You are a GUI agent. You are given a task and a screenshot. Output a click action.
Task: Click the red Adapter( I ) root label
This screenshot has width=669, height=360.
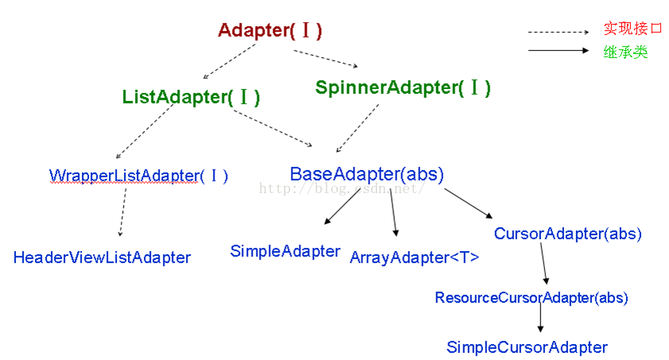point(269,31)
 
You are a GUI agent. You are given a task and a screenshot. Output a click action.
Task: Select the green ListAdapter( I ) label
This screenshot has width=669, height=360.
point(191,97)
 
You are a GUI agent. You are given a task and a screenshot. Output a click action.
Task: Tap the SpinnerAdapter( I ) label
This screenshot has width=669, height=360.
point(403,87)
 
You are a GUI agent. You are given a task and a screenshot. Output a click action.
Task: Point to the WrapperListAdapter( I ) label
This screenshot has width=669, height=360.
point(139,176)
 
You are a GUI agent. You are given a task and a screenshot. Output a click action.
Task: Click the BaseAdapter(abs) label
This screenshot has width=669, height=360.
point(367,174)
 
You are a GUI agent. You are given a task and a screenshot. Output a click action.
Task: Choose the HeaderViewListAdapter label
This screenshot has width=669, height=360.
point(102,257)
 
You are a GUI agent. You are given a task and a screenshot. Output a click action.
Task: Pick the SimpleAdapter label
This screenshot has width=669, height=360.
point(285,251)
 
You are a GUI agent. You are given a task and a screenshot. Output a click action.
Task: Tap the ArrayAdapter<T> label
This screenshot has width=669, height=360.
point(414,257)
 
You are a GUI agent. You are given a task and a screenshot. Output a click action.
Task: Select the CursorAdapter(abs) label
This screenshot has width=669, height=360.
point(568,234)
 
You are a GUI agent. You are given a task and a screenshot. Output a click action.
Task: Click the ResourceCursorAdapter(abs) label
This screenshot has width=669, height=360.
point(532,298)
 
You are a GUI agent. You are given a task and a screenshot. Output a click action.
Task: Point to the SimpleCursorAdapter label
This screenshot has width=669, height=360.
point(527,347)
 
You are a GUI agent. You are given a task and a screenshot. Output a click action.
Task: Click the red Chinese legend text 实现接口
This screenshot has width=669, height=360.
point(632,29)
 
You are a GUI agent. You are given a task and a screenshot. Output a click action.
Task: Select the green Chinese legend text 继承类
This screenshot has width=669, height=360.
point(625,52)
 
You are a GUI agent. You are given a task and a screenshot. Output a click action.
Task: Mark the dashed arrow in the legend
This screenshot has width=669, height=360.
point(559,32)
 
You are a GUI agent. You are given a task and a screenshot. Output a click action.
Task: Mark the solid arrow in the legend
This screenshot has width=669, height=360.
point(559,50)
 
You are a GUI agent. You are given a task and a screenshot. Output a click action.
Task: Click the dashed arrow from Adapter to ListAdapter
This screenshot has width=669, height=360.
point(229,61)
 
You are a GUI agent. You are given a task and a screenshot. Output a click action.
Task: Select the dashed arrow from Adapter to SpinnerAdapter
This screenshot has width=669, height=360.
point(326,59)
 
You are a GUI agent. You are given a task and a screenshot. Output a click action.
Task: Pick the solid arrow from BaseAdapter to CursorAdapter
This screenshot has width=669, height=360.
point(468,203)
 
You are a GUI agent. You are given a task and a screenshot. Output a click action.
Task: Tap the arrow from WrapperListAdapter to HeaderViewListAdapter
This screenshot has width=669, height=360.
point(123,212)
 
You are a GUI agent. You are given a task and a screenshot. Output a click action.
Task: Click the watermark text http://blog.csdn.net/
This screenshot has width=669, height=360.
point(342,188)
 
